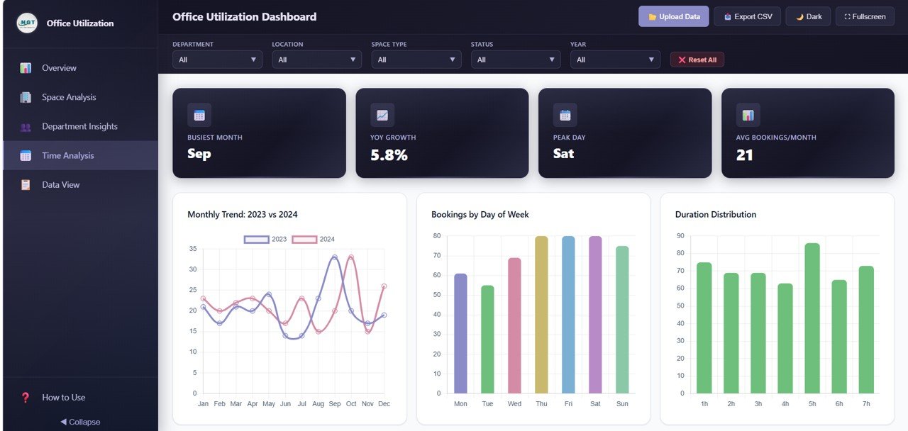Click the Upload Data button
[673, 16]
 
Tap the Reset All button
[697, 60]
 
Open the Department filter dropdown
[217, 60]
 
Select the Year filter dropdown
[615, 60]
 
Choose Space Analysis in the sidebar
[69, 97]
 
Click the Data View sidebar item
[60, 184]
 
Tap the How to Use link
[63, 397]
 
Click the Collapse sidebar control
[80, 422]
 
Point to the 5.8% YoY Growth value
[389, 155]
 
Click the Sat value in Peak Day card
[563, 153]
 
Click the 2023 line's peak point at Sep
[335, 257]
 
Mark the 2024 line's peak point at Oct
[351, 257]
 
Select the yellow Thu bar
[541, 315]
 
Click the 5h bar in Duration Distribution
[812, 318]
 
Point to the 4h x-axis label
[785, 403]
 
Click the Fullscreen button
[865, 16]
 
